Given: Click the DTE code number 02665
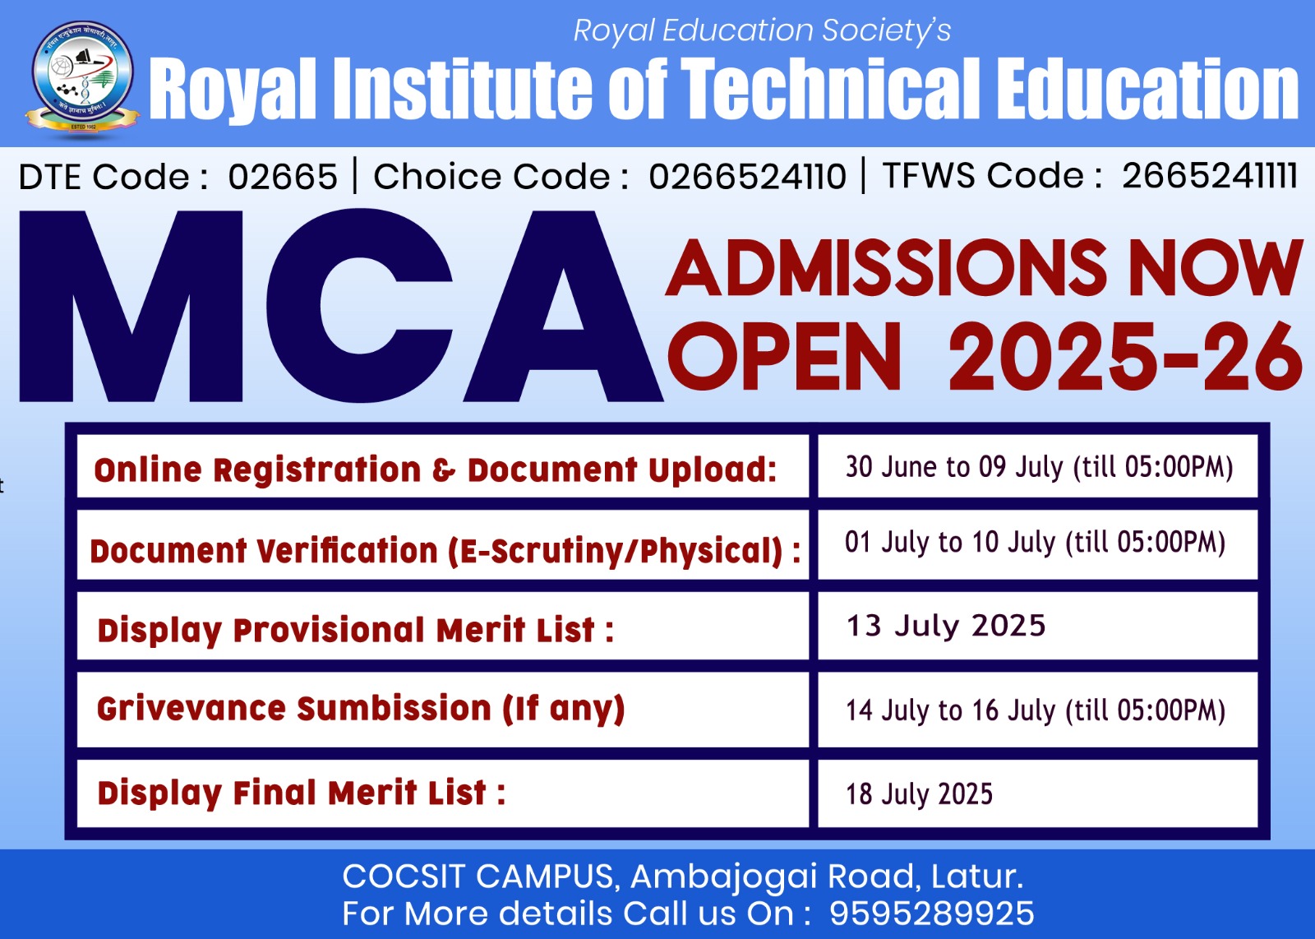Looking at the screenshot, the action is click(x=283, y=176).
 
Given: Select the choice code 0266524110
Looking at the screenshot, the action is click(x=747, y=176).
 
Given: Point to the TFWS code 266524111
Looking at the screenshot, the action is click(x=1209, y=175).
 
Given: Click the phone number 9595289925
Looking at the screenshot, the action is click(x=932, y=914).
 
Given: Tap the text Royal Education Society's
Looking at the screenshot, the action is click(x=762, y=30).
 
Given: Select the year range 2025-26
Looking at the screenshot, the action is click(x=1125, y=357).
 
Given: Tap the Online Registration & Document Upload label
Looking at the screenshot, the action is click(x=435, y=469).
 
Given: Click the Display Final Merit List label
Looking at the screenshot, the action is click(x=301, y=793).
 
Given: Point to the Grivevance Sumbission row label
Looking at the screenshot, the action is click(x=361, y=709).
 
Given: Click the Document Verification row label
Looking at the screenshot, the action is click(x=445, y=551).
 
